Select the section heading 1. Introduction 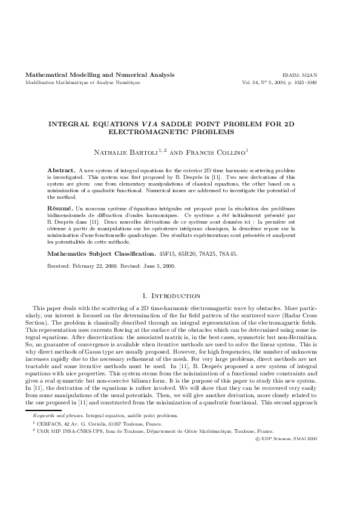pos(180,296)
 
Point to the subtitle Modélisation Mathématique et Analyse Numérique pos(83,82)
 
